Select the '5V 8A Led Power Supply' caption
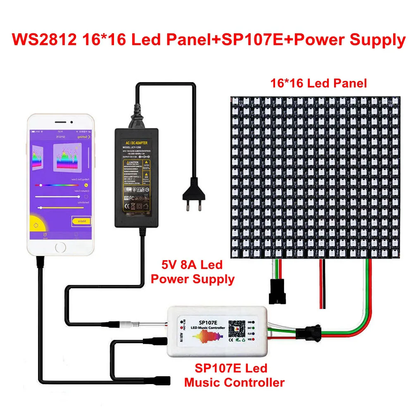click(192, 272)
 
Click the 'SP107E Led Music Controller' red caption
click(234, 375)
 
